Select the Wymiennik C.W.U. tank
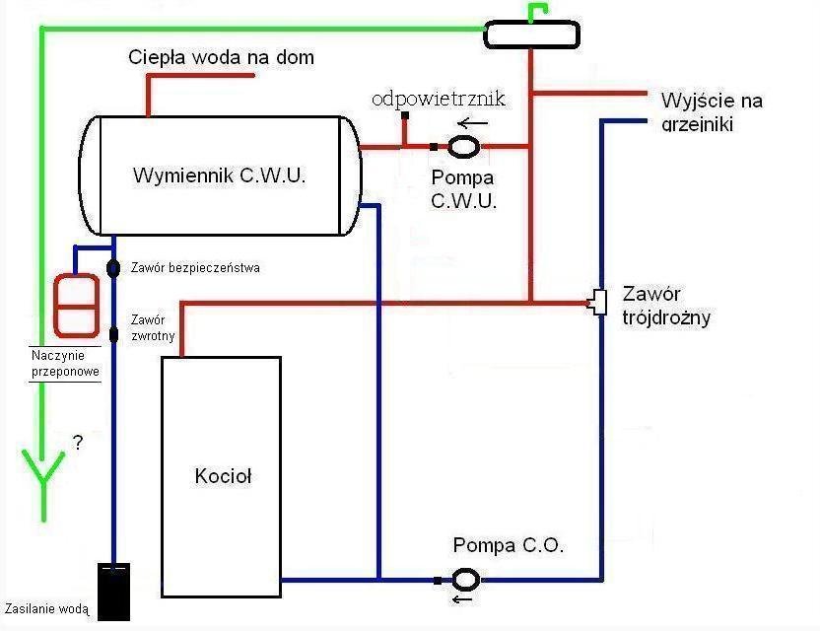coord(219,175)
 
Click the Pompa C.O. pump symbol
coord(465,579)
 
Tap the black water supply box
coord(113,592)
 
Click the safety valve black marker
coord(113,267)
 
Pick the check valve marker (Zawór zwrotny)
coord(113,333)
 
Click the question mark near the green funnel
coord(77,444)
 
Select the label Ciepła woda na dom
coord(222,57)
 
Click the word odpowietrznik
coord(439,100)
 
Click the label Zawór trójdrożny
coord(666,306)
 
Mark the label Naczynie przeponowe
coord(65,363)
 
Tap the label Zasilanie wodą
coord(47,609)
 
